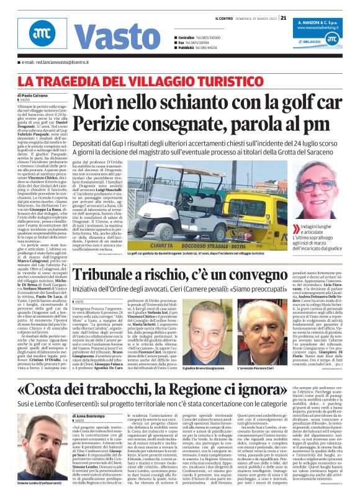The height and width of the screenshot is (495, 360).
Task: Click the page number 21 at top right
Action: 283,18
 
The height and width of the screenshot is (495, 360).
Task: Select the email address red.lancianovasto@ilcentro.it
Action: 54,63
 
